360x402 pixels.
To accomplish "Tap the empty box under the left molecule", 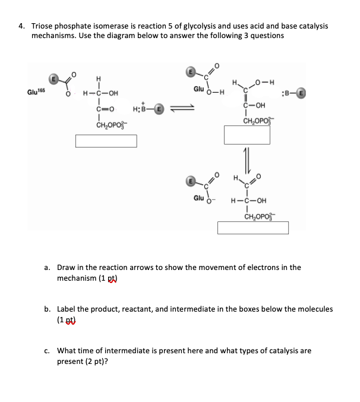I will click(106, 141).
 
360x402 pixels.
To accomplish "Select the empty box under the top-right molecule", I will click(255, 135).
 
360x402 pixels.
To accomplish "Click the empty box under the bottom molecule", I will click(252, 228).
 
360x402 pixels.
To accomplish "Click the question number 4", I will click(21, 26).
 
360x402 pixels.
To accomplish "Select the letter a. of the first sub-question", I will click(48, 268).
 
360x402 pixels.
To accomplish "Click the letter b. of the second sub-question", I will click(48, 309).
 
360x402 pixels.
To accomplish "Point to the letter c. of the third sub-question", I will click(48, 351).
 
